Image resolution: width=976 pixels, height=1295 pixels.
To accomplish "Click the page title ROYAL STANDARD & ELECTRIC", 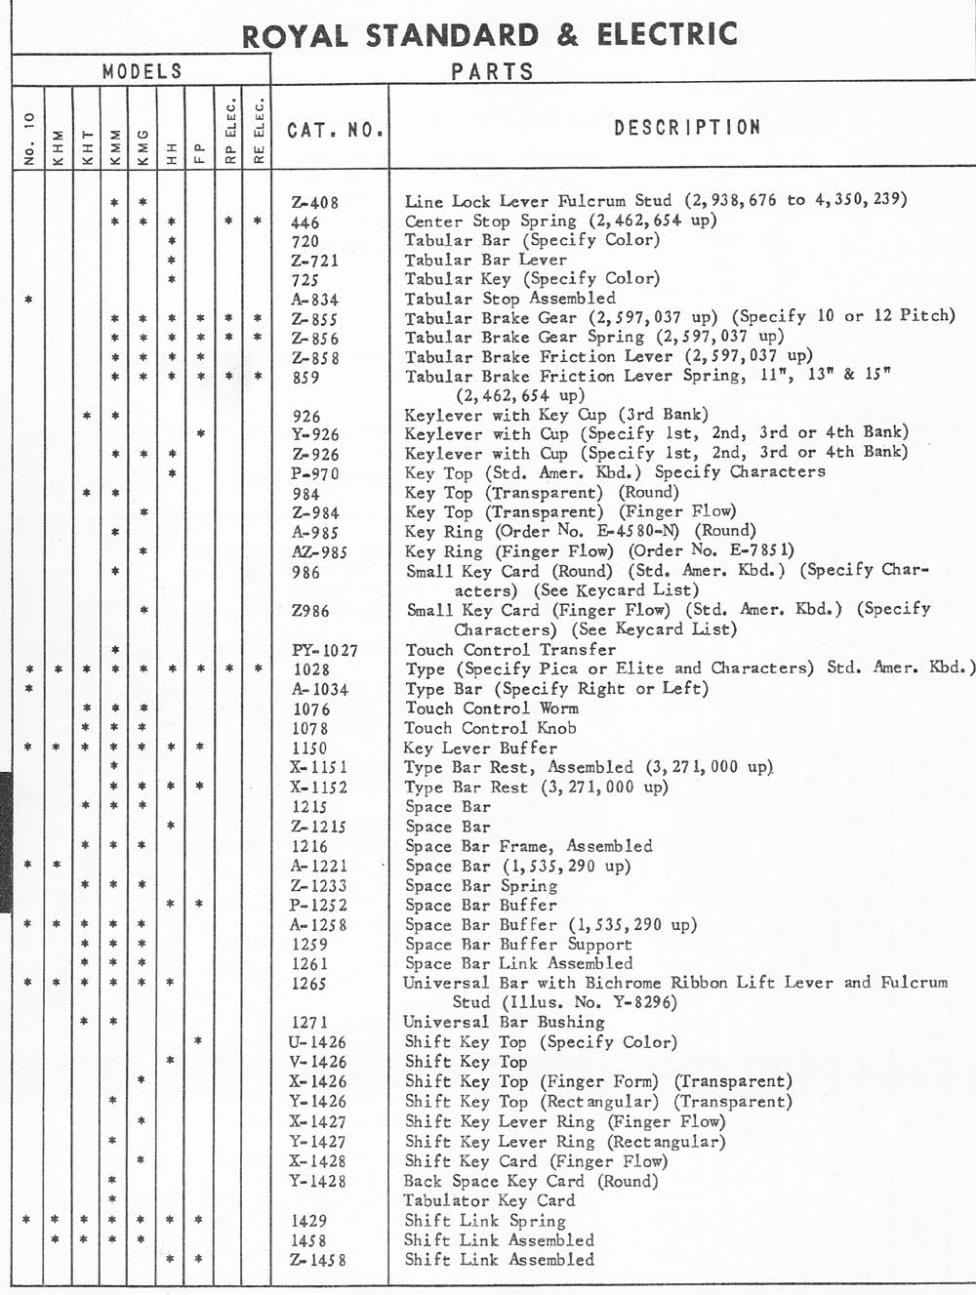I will (x=489, y=35).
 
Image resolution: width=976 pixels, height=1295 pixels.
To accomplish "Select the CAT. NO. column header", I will (x=335, y=129).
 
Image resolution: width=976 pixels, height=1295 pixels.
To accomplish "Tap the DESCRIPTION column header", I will (x=687, y=127).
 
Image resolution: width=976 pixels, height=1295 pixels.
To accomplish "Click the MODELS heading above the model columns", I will (x=142, y=70).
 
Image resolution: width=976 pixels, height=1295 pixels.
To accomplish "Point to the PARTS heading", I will (x=492, y=71).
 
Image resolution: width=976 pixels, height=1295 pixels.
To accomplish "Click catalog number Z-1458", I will (x=318, y=1260).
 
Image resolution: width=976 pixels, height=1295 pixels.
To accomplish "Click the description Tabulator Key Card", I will (x=489, y=1200).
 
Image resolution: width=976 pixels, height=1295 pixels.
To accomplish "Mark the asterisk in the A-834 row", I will (x=28, y=299).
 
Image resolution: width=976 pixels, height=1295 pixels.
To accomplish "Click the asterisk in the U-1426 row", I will (x=198, y=1041).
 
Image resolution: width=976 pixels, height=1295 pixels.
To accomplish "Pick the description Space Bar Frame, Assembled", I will (x=528, y=846).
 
